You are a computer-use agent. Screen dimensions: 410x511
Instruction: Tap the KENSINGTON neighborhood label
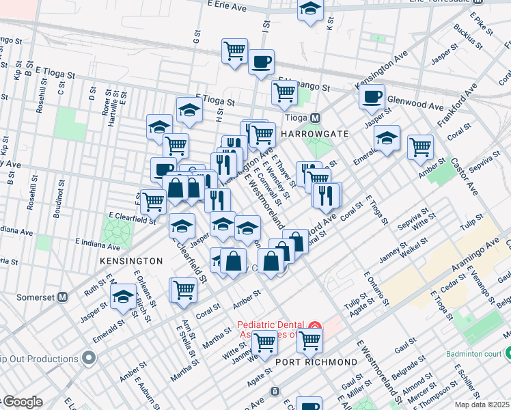[x=131, y=261]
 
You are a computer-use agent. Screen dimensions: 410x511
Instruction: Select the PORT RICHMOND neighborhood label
[x=316, y=361]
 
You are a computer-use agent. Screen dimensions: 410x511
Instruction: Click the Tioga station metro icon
[x=316, y=118]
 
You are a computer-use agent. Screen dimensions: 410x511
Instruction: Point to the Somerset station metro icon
[x=62, y=297]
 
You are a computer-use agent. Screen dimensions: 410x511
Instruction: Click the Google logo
[x=23, y=402]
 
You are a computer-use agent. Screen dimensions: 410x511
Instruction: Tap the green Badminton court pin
[x=507, y=354]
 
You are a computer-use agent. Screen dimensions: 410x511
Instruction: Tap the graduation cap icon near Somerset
[x=123, y=297]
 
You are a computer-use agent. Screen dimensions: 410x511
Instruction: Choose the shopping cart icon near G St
[x=234, y=50]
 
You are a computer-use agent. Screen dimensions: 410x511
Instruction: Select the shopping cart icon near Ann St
[x=184, y=289]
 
